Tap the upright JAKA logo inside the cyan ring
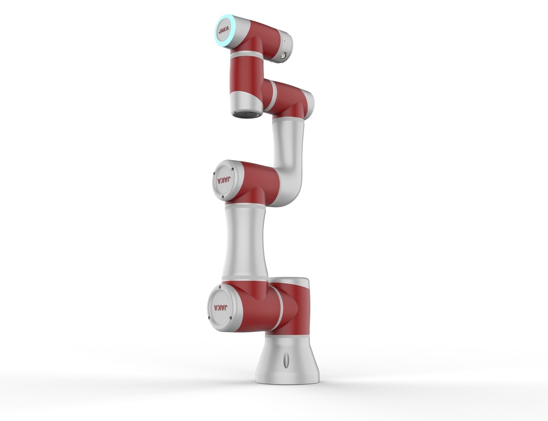click(x=224, y=30)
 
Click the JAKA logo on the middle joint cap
click(x=224, y=181)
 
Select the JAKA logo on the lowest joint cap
click(x=220, y=308)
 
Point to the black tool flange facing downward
click(x=247, y=114)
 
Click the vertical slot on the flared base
click(x=286, y=359)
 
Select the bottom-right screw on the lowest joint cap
click(x=231, y=318)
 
